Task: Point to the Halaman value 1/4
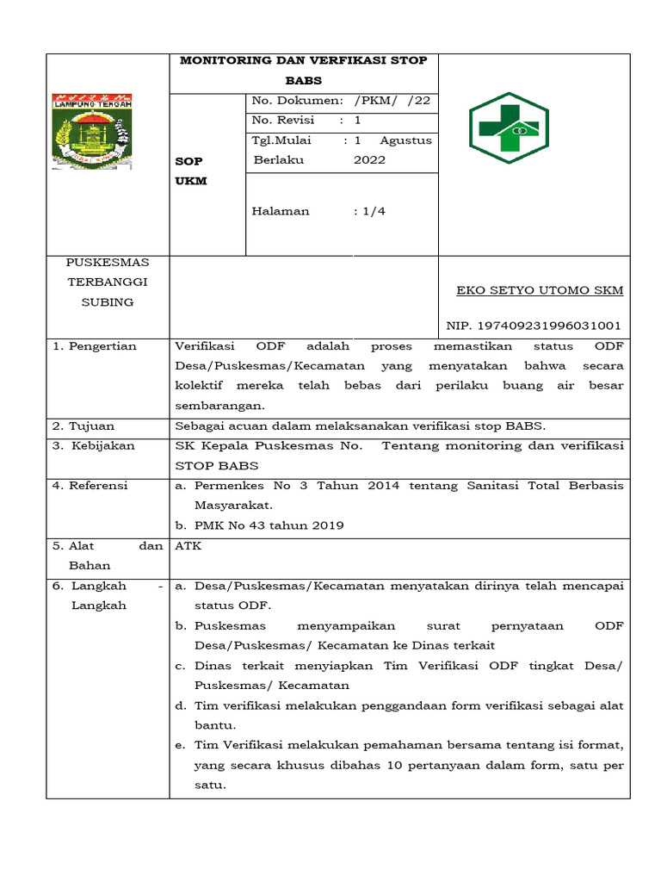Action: click(x=371, y=211)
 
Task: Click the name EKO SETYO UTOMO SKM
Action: click(x=540, y=290)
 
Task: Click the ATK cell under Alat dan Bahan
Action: click(x=188, y=545)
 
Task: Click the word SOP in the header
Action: click(x=189, y=161)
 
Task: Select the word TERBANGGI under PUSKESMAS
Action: click(x=108, y=282)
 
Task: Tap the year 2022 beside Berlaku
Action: click(x=369, y=160)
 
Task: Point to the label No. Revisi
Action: click(x=283, y=120)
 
